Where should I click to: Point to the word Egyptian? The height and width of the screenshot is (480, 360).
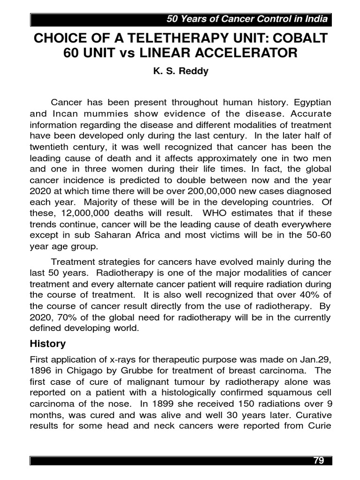[x=310, y=102]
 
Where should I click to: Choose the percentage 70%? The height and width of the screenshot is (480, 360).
[x=66, y=318]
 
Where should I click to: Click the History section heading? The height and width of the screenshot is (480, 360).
[x=47, y=344]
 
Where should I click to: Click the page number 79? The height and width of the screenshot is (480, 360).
[x=318, y=460]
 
